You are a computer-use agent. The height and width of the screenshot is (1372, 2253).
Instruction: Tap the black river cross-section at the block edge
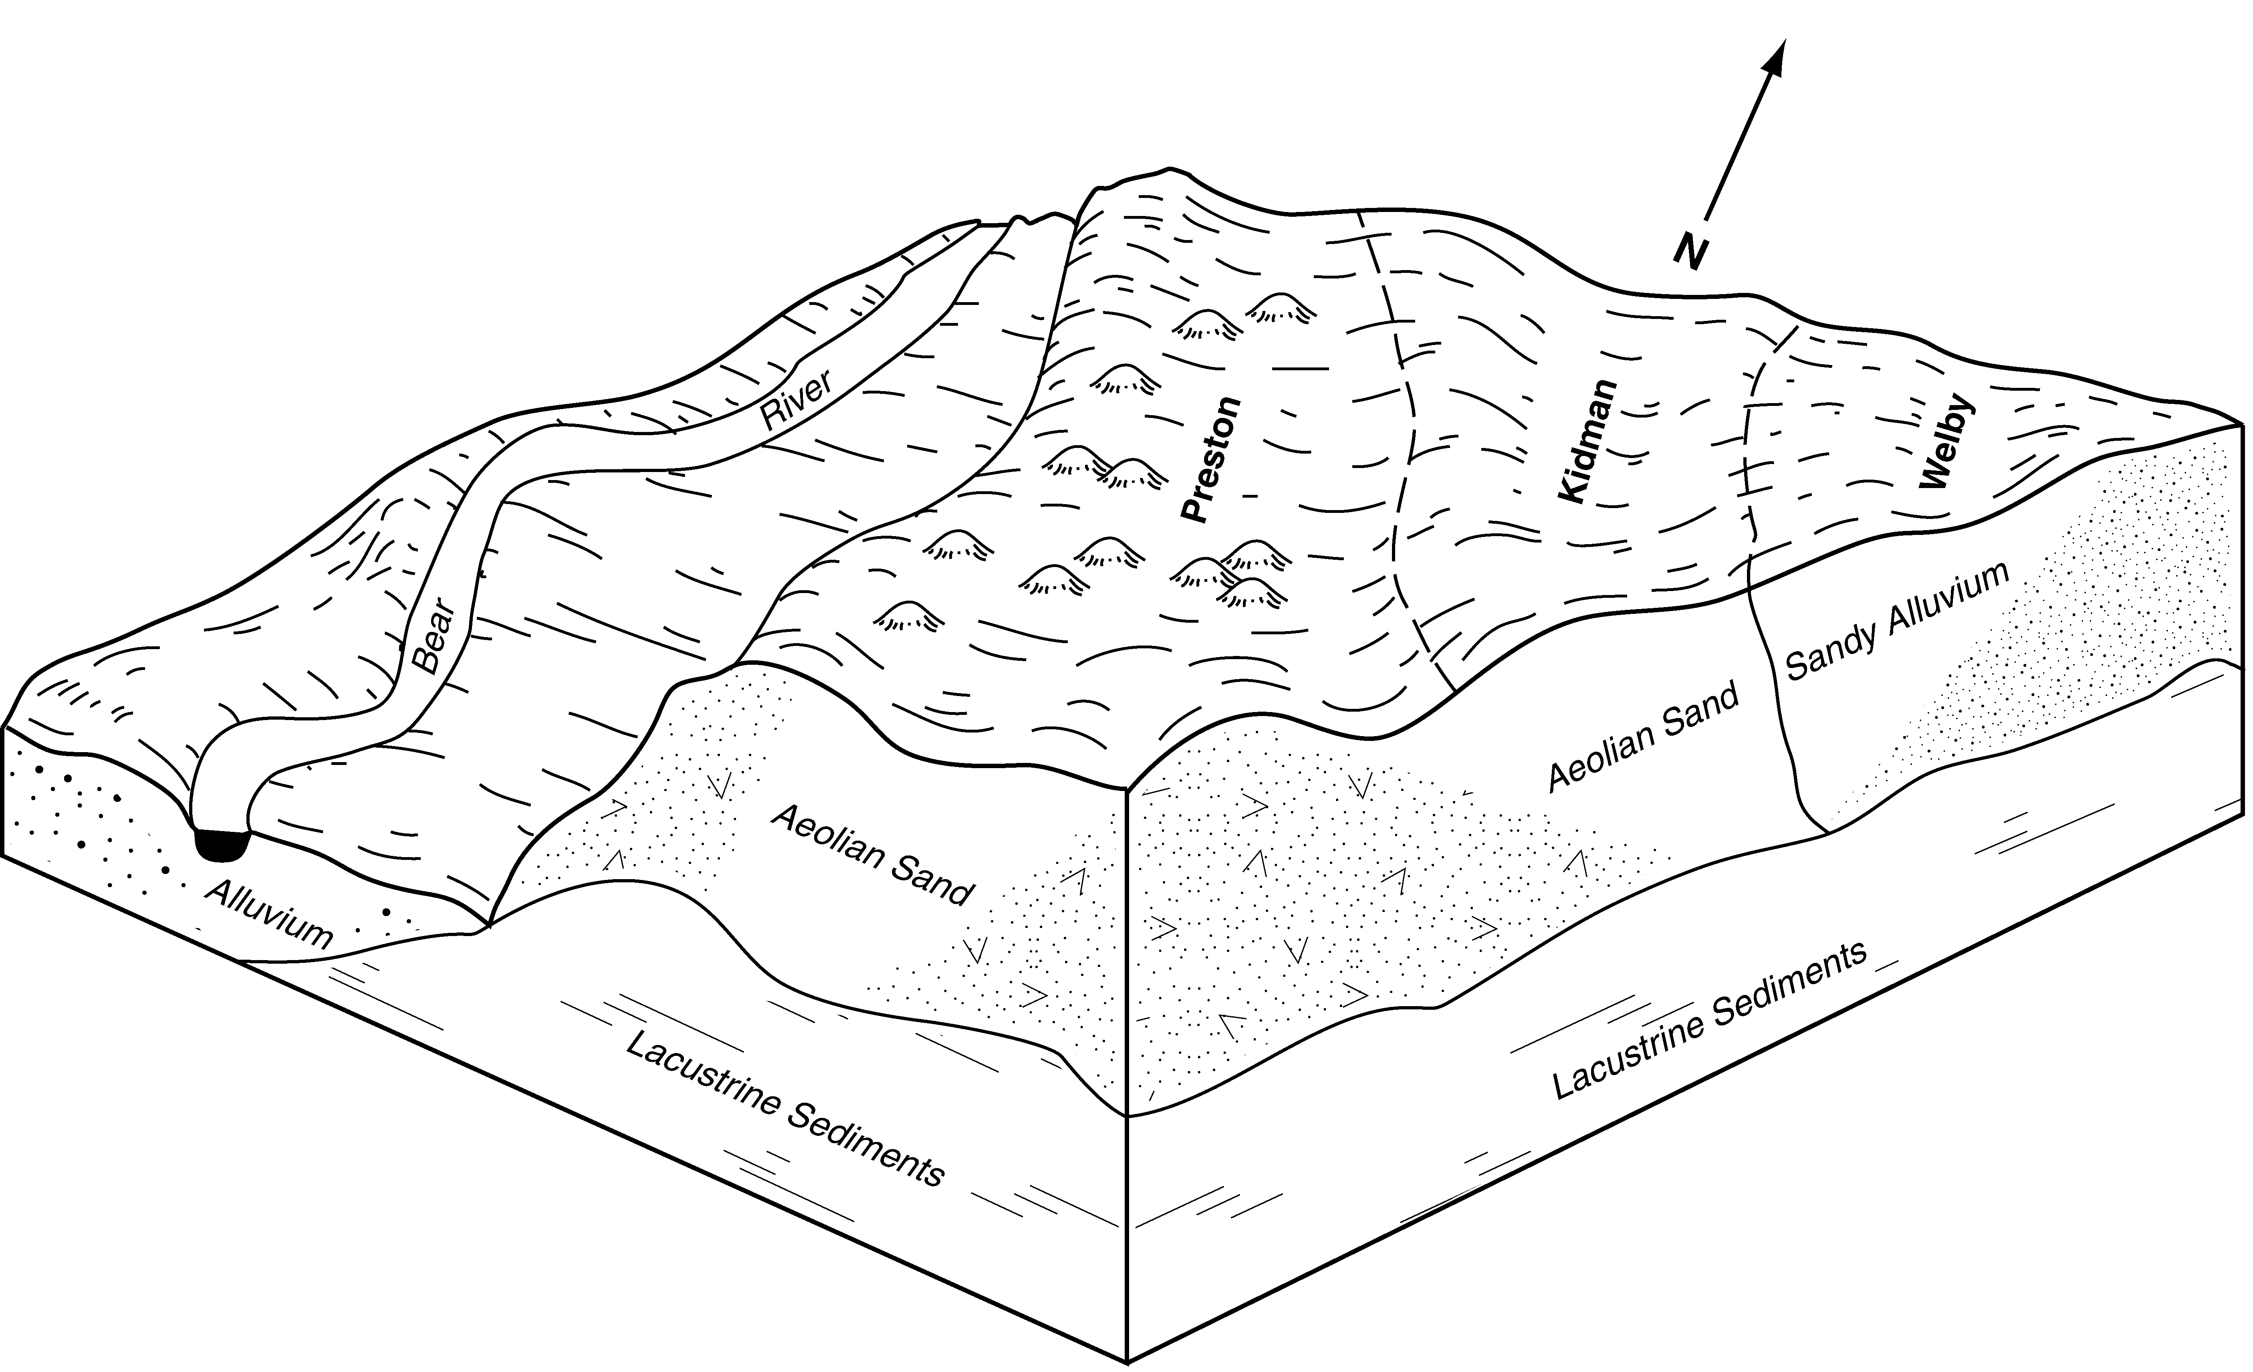222,842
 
